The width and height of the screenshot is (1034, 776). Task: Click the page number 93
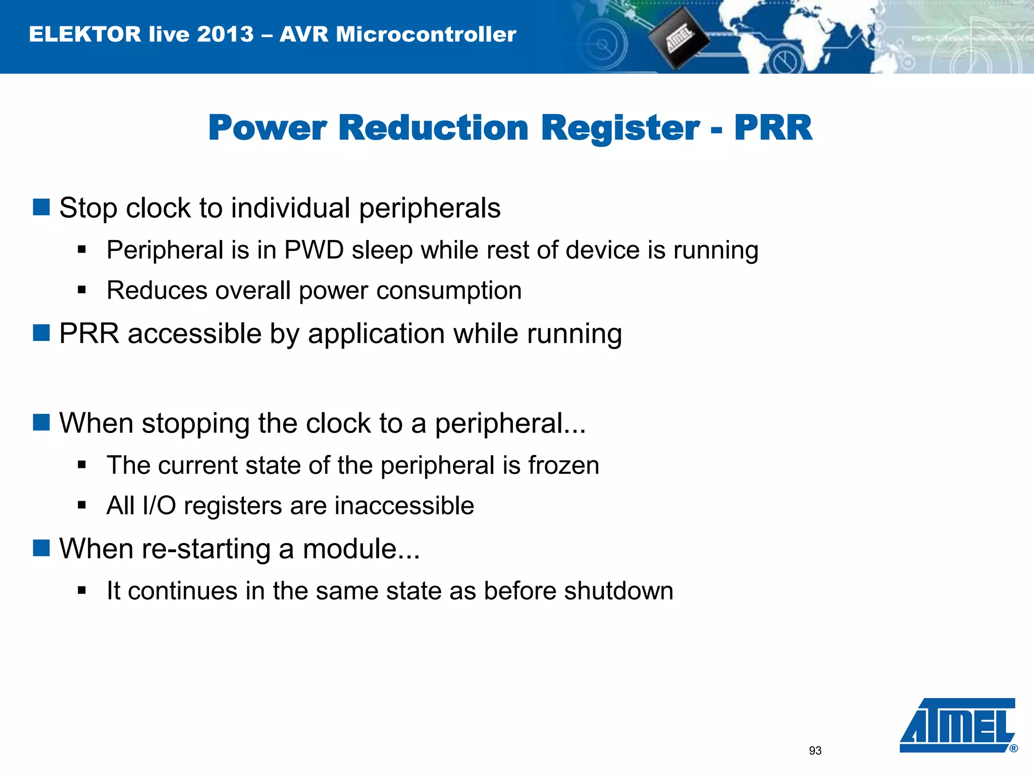coord(815,751)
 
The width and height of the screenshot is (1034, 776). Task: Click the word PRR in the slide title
coord(773,128)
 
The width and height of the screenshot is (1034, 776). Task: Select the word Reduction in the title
coord(433,128)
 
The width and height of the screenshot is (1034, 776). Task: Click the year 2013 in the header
coord(225,34)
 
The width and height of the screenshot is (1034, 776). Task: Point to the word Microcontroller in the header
coord(426,34)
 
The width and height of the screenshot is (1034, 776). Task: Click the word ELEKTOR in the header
coord(85,34)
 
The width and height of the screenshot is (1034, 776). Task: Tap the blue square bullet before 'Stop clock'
coord(41,207)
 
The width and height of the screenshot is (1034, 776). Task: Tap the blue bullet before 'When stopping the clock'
coord(41,422)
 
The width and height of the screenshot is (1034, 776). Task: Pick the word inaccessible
coord(404,506)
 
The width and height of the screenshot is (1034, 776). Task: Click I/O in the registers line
coord(159,506)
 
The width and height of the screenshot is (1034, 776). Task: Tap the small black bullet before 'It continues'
coord(82,590)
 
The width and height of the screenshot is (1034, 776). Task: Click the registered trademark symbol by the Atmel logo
coord(1013,749)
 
